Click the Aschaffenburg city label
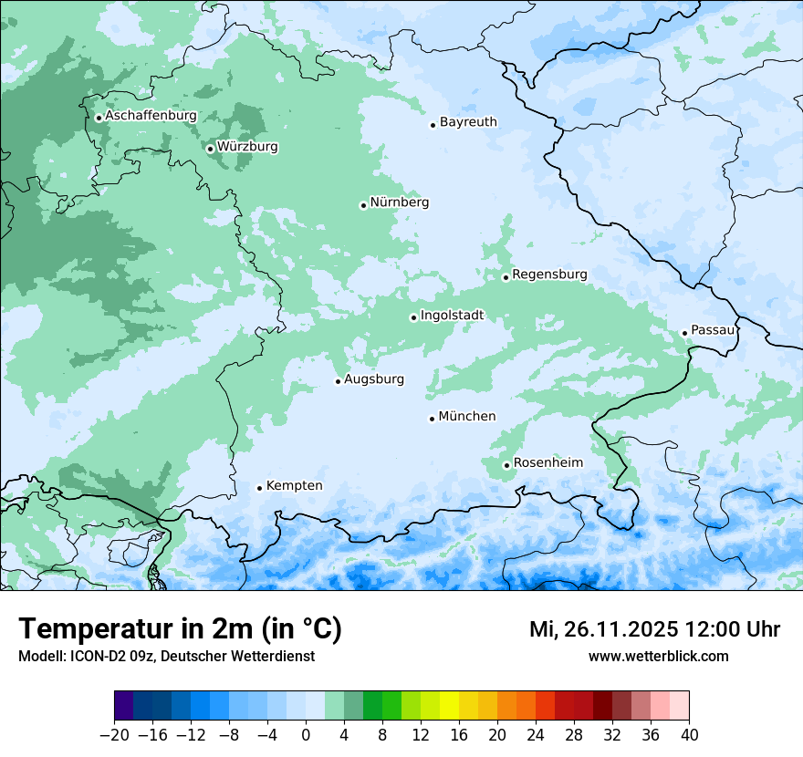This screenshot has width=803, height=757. tap(151, 116)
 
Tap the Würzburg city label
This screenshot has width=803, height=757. tap(247, 147)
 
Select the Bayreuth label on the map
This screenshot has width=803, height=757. tap(468, 122)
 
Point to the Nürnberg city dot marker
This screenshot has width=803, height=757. tap(363, 205)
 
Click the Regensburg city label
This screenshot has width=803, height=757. tap(549, 275)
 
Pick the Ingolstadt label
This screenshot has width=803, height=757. tap(452, 316)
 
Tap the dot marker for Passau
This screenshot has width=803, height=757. tap(684, 333)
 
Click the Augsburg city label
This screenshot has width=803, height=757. tap(374, 379)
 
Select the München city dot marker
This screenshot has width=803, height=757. tap(432, 419)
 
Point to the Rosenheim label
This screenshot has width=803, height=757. tap(547, 463)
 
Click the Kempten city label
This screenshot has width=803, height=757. tap(294, 486)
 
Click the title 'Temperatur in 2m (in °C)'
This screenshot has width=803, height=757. tap(180, 629)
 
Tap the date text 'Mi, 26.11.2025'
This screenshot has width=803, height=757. tap(602, 629)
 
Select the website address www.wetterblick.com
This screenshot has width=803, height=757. tap(658, 656)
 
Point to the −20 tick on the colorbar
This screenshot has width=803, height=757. tap(115, 735)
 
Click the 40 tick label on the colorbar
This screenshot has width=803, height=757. tap(689, 735)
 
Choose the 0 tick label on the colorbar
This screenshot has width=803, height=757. tap(306, 735)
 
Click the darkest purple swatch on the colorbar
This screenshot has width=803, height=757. tap(124, 706)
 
